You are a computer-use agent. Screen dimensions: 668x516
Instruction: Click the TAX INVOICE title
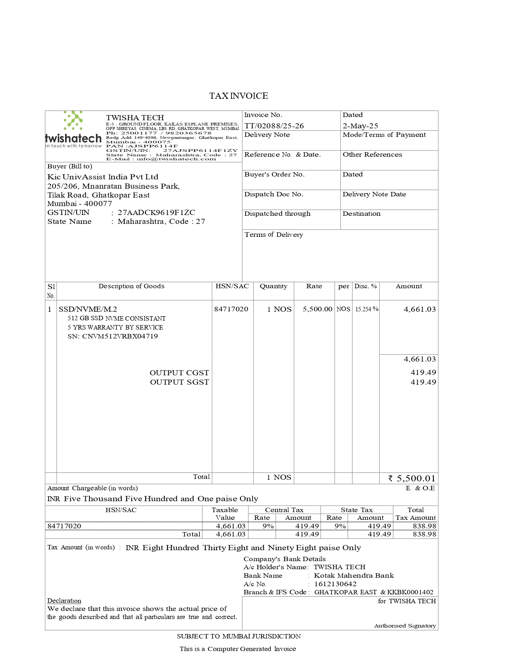pyautogui.click(x=238, y=96)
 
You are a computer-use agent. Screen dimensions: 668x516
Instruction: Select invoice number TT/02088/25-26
pyautogui.click(x=274, y=126)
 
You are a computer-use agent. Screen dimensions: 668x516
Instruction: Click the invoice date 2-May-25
pyautogui.click(x=360, y=126)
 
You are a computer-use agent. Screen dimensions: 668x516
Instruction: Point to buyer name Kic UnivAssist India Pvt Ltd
pyautogui.click(x=103, y=177)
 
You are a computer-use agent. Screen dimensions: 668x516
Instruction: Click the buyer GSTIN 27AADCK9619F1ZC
pyautogui.click(x=156, y=213)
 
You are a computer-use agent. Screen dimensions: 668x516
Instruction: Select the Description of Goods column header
pyautogui.click(x=132, y=286)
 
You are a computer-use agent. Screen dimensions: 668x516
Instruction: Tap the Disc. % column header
pyautogui.click(x=365, y=286)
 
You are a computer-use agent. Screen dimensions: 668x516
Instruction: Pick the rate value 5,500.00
pyautogui.click(x=317, y=309)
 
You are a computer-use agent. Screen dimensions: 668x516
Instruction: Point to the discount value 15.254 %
pyautogui.click(x=367, y=309)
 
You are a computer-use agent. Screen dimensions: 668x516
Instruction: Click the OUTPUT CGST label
pyautogui.click(x=179, y=372)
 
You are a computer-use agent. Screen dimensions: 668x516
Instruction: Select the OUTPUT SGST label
pyautogui.click(x=179, y=382)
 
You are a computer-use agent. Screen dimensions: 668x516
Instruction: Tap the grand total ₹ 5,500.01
pyautogui.click(x=412, y=479)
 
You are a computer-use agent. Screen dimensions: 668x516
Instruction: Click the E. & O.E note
pyautogui.click(x=420, y=488)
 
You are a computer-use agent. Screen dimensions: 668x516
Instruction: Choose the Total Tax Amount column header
pyautogui.click(x=416, y=514)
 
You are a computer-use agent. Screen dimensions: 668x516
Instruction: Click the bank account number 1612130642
pyautogui.click(x=335, y=584)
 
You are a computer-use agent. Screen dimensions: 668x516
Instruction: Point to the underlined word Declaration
pyautogui.click(x=64, y=601)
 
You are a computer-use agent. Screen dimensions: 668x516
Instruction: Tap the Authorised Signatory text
pyautogui.click(x=405, y=626)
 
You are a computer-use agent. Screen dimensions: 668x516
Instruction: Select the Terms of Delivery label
pyautogui.click(x=274, y=235)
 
